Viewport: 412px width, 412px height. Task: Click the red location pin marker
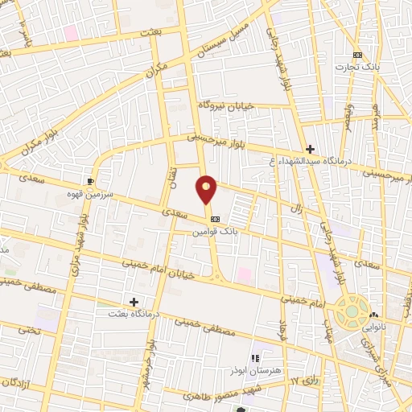click(x=207, y=190)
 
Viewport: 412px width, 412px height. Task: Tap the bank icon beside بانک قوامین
click(x=215, y=219)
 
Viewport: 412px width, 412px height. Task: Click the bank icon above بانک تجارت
click(x=358, y=55)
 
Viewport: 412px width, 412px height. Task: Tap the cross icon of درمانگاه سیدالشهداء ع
click(x=310, y=148)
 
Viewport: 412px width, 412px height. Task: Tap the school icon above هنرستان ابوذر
click(x=255, y=358)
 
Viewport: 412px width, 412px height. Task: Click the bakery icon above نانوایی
click(x=383, y=316)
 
